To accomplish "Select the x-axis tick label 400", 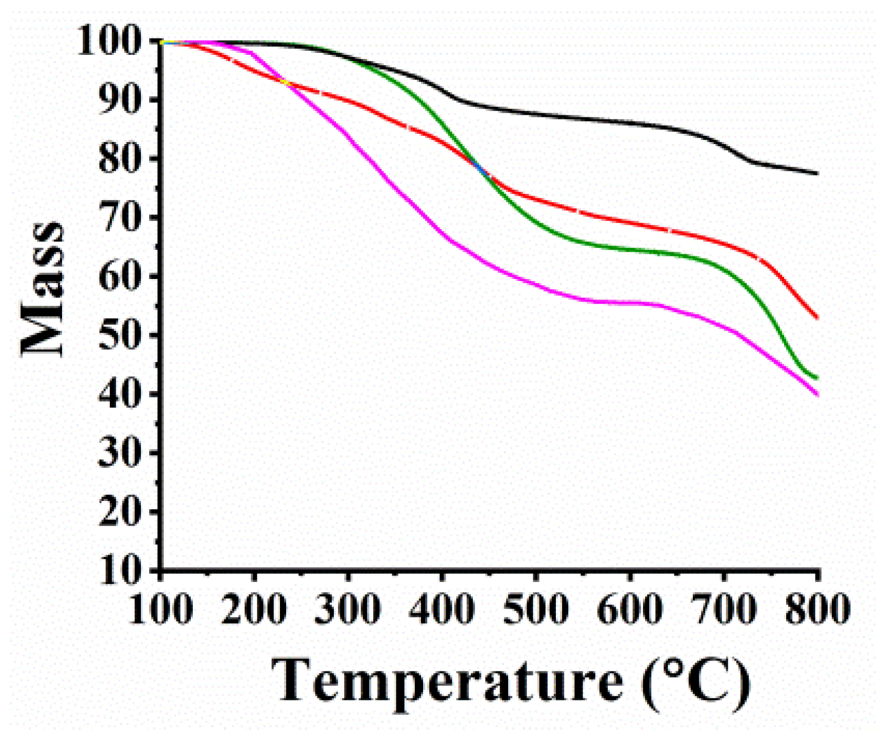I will (442, 609).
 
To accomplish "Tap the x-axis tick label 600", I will (630, 609).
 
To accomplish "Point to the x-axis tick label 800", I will (817, 609).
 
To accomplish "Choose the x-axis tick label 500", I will (536, 609).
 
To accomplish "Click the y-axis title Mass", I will (43, 290).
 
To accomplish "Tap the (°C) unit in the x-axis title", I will (695, 682).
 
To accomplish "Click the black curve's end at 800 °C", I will (816, 173).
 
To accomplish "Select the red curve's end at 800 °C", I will (816, 317).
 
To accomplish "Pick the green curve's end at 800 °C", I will (816, 378).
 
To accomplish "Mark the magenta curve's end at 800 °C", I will (816, 394).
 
